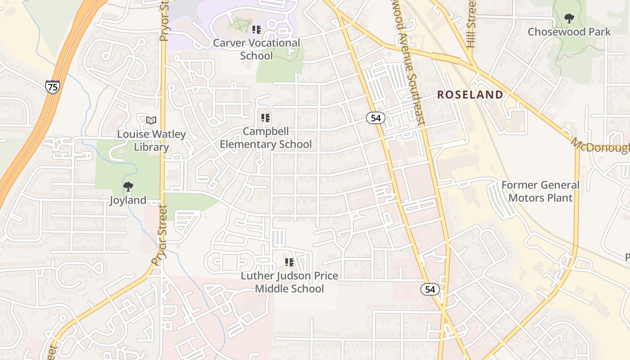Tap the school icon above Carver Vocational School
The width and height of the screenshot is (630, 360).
pyautogui.click(x=256, y=30)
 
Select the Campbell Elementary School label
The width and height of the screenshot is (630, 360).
pyautogui.click(x=265, y=138)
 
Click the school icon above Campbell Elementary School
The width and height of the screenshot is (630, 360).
pyautogui.click(x=265, y=118)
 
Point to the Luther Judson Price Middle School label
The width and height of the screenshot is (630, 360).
pyautogui.click(x=289, y=282)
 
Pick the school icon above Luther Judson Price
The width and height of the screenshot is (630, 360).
pyautogui.click(x=289, y=262)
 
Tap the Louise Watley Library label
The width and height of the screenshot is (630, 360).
pyautogui.click(x=151, y=140)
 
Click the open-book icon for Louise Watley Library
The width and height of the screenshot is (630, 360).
pyautogui.click(x=151, y=120)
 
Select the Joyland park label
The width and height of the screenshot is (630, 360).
pyautogui.click(x=128, y=200)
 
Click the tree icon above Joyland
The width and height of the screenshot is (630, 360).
pyautogui.click(x=128, y=186)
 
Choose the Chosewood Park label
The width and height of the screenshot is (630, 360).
pyautogui.click(x=569, y=32)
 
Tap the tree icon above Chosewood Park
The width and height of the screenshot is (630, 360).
pyautogui.click(x=569, y=18)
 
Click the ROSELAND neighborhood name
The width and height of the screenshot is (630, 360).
pyautogui.click(x=470, y=94)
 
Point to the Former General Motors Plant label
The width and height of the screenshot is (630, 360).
pyautogui.click(x=540, y=191)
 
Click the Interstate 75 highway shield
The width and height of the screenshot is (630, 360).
pyautogui.click(x=52, y=86)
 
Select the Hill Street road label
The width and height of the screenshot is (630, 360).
pyautogui.click(x=471, y=25)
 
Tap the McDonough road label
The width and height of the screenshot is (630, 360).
pyautogui.click(x=601, y=146)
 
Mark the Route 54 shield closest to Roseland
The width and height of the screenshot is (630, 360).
pyautogui.click(x=375, y=118)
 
